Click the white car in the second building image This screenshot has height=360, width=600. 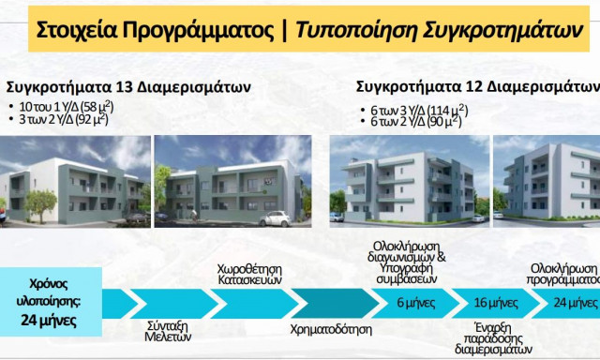(277, 217)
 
